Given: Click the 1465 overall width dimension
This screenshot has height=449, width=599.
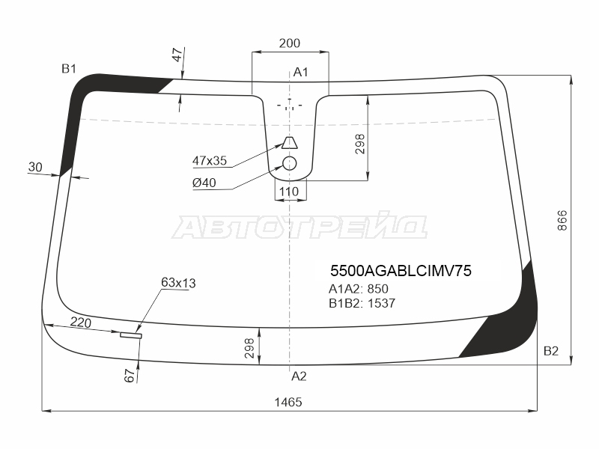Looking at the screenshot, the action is (x=288, y=402).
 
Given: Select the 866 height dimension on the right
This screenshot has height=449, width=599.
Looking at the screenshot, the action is (x=562, y=220).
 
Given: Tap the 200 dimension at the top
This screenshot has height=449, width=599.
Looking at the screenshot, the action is (x=290, y=43).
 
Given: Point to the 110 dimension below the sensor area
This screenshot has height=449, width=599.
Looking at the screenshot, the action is (x=289, y=192).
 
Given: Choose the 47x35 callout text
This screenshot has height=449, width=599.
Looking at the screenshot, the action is (x=210, y=160).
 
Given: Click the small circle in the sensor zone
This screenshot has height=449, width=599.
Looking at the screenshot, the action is (x=290, y=163).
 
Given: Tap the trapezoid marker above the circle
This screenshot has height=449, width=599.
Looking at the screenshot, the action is (x=290, y=142).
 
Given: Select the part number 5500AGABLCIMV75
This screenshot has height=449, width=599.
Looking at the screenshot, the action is (x=401, y=271).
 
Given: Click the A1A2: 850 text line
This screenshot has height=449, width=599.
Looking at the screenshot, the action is (x=359, y=289).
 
